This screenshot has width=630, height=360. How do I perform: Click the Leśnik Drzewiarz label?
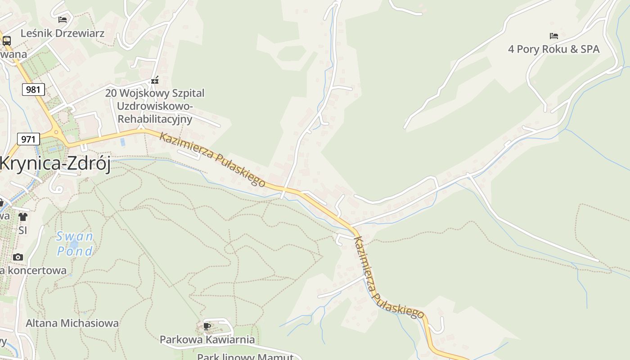coord(63,33)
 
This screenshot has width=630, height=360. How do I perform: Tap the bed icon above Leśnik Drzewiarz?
coord(63,19)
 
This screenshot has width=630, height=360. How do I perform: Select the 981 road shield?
coord(33,89)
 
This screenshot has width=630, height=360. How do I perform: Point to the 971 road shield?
coord(28,139)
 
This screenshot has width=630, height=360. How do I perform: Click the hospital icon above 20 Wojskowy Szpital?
coord(155,81)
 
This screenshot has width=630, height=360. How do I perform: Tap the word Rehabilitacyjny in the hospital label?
coord(155,119)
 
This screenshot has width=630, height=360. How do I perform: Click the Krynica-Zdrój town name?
coord(55,164)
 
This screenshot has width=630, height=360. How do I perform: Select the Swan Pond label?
coord(75,243)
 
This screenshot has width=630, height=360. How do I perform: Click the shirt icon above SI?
coord(23,217)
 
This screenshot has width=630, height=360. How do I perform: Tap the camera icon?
coord(18,257)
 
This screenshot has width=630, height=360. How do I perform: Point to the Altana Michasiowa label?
coord(72,323)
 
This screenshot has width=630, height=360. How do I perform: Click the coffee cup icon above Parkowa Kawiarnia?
coord(207,326)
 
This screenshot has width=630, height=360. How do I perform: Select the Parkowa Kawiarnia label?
coord(207,339)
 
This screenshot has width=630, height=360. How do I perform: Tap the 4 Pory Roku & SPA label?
coord(553,49)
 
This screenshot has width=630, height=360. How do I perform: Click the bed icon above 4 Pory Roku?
coord(553,36)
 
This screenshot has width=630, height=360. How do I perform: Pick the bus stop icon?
coord(6,41)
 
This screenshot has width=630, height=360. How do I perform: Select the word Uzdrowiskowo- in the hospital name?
coord(155,106)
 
